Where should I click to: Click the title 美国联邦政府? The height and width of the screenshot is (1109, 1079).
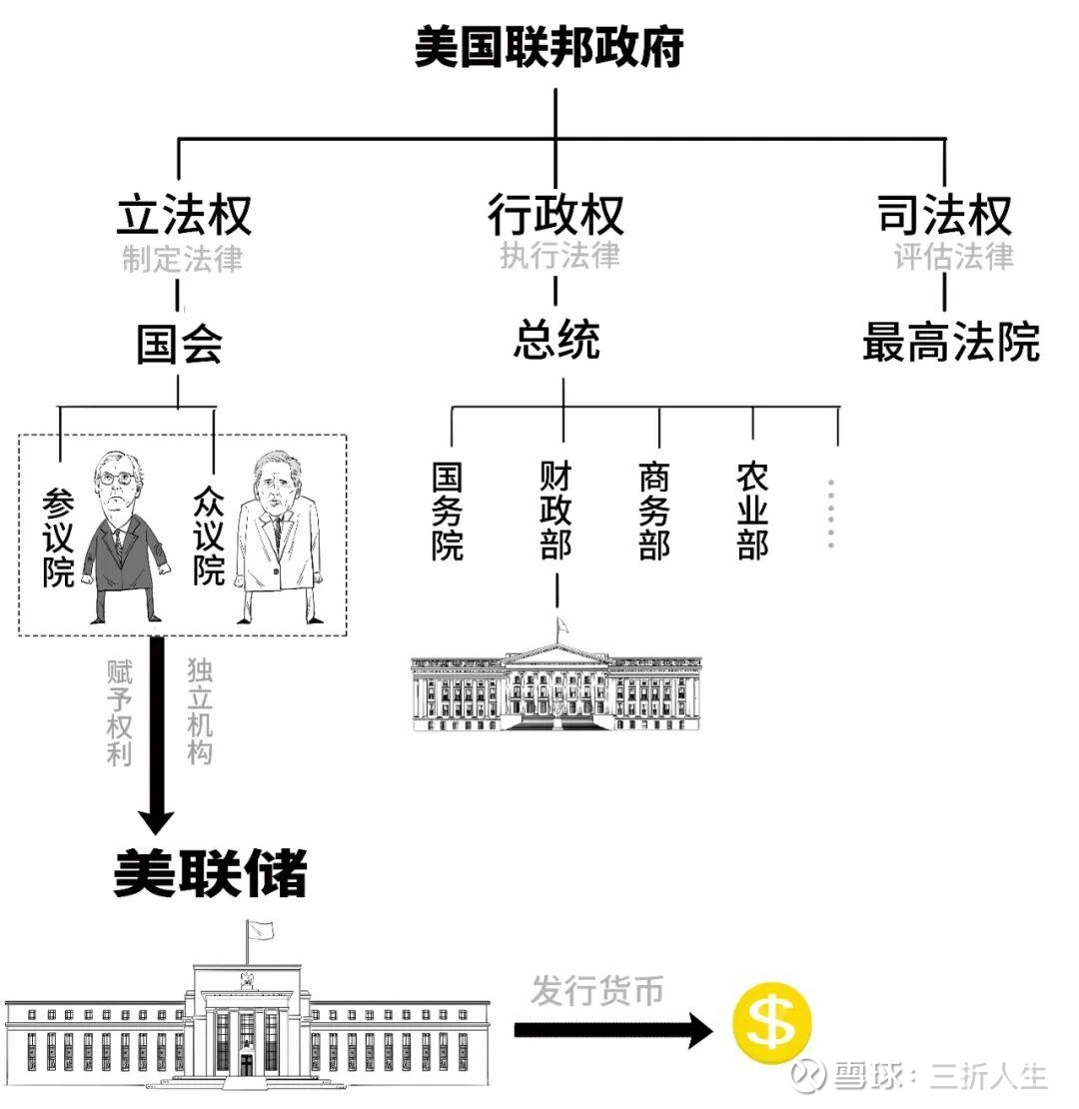click(548, 47)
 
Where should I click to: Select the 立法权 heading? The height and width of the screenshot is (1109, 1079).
click(184, 214)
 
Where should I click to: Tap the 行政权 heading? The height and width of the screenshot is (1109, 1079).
click(555, 214)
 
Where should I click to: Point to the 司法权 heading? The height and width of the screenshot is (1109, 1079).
click(944, 214)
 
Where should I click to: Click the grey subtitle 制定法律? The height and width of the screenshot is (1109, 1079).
click(183, 259)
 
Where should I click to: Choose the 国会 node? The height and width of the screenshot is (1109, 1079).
click(179, 345)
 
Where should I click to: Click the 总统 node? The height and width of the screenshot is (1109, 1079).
click(556, 341)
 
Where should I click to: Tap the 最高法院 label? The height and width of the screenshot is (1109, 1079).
click(950, 342)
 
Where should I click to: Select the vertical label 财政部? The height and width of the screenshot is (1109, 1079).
click(555, 510)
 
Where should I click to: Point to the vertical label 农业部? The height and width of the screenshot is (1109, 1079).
click(752, 510)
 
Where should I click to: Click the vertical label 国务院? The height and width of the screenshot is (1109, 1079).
click(448, 510)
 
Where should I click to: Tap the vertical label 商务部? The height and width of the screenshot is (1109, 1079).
click(654, 510)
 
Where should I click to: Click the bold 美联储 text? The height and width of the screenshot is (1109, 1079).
click(210, 874)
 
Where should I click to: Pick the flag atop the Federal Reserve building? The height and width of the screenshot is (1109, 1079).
click(261, 929)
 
